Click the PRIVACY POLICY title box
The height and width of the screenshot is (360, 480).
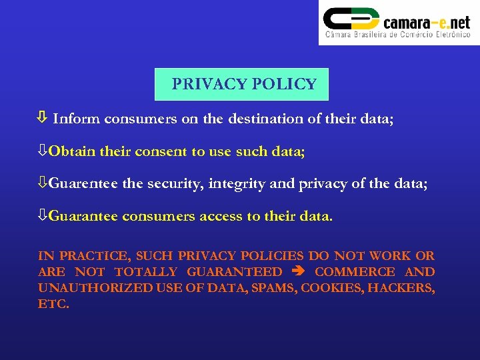click(241, 84)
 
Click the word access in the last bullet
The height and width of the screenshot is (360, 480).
click(227, 216)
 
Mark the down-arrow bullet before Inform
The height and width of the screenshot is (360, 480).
click(41, 119)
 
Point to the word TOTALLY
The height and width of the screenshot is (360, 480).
click(146, 272)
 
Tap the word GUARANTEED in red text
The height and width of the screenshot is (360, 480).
click(234, 272)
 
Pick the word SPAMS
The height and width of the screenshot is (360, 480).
click(274, 288)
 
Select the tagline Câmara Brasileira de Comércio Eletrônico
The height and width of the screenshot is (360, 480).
click(397, 35)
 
